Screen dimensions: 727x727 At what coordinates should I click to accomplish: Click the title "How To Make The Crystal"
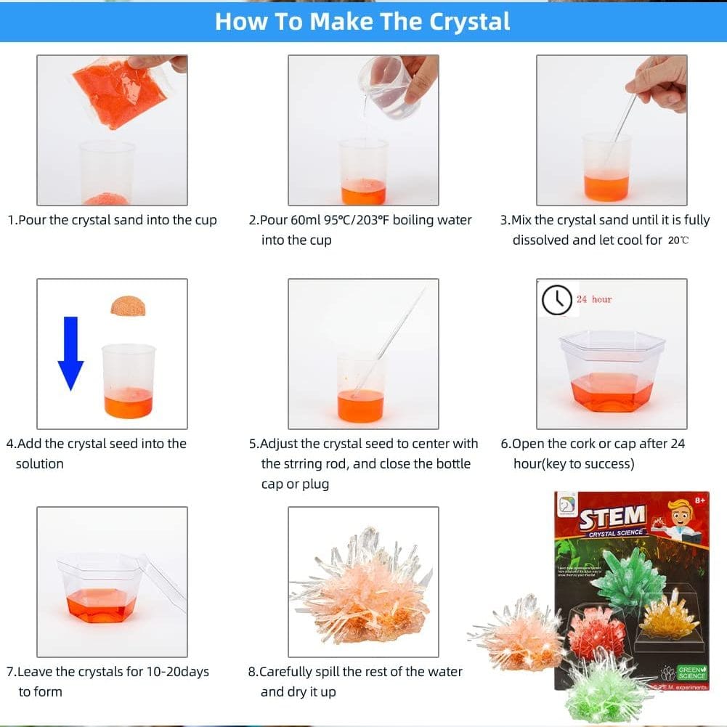click(362, 21)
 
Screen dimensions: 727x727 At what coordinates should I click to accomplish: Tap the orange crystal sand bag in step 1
click(121, 92)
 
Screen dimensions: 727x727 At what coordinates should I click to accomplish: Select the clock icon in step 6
click(557, 299)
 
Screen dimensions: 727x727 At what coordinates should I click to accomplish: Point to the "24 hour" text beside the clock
click(594, 299)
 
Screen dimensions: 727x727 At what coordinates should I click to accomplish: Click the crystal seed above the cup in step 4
click(128, 305)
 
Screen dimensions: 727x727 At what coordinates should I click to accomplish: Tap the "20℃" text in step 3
click(678, 240)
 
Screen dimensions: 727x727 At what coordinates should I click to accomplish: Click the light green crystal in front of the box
click(606, 687)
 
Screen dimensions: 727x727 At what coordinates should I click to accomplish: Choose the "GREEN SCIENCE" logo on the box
click(691, 672)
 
